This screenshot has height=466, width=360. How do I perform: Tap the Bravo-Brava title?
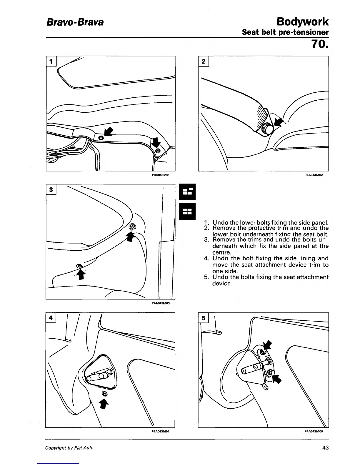point(74,22)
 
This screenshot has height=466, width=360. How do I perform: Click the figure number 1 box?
point(51,61)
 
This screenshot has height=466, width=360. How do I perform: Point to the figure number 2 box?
point(204,61)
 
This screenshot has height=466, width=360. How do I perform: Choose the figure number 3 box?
point(51,190)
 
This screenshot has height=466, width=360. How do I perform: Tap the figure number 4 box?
point(51,318)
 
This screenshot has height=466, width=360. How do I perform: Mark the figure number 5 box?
point(203,318)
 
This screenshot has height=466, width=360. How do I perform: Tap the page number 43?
point(325,448)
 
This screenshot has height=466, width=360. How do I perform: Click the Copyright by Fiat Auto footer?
point(69,448)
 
